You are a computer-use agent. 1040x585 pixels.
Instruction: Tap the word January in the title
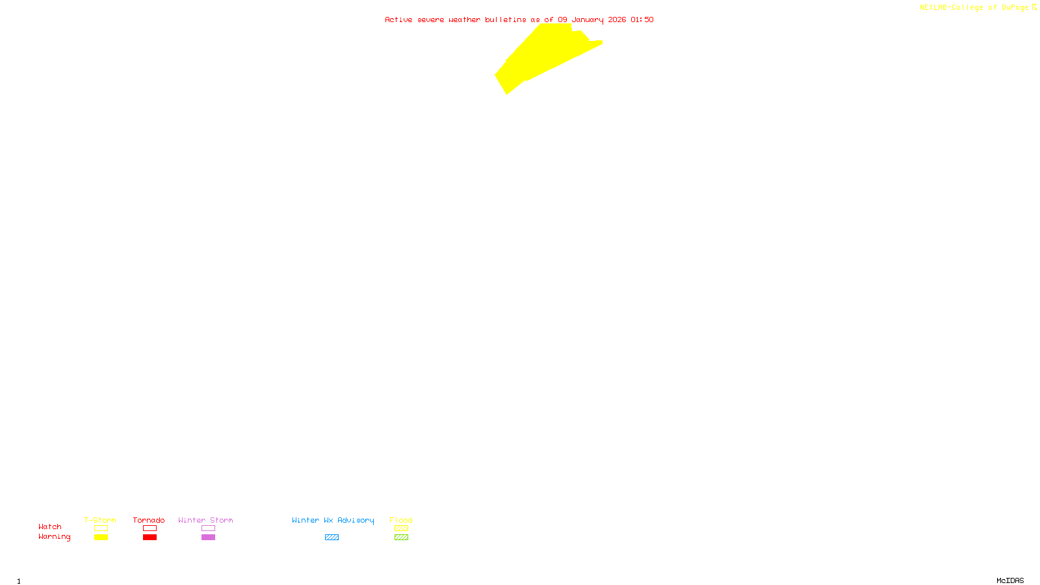[587, 20]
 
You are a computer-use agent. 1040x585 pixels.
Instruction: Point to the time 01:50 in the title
[642, 20]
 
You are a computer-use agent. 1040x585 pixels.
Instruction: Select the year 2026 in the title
[617, 20]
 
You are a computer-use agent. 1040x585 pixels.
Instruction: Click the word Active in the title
[398, 20]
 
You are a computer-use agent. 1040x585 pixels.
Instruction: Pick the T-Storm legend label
[100, 520]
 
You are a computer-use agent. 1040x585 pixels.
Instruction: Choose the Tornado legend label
[149, 520]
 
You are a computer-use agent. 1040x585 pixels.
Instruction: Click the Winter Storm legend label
[205, 520]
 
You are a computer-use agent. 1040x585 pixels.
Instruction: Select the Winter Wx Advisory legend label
[333, 520]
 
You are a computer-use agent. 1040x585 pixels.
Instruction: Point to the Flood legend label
[401, 520]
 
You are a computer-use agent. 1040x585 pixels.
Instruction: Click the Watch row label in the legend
[50, 526]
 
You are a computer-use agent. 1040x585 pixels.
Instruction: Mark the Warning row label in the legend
[54, 537]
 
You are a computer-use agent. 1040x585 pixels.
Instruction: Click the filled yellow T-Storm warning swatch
[101, 538]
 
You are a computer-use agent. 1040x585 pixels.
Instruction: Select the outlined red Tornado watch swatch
[149, 528]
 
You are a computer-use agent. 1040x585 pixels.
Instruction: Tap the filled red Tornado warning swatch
[149, 538]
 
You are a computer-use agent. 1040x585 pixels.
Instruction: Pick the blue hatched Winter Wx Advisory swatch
[331, 538]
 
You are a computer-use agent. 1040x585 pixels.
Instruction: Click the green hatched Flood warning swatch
[401, 538]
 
